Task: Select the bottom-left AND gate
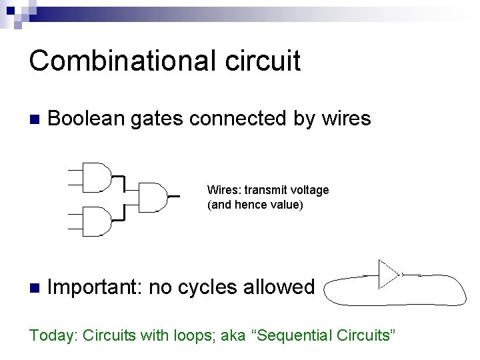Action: (96, 221)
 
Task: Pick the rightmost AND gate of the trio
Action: (153, 196)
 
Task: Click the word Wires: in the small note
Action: (222, 190)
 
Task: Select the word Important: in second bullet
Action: (95, 287)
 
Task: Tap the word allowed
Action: (279, 287)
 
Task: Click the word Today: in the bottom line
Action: (53, 335)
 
